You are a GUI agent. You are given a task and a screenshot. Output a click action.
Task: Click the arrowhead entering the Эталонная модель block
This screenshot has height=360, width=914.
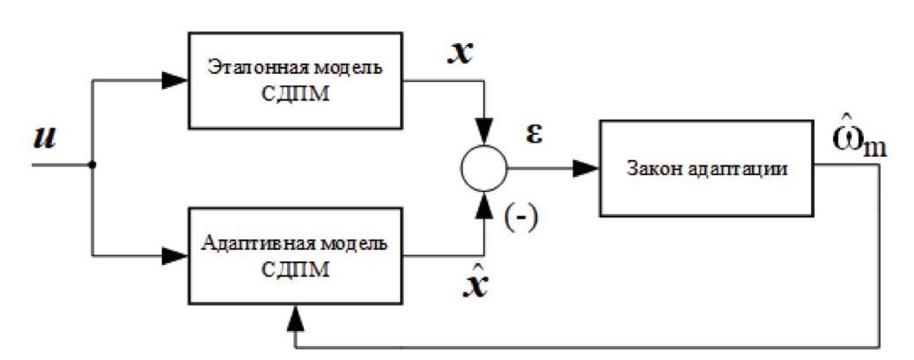click(x=175, y=79)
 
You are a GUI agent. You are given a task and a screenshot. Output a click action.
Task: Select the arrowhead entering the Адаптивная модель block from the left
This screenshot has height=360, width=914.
click(x=175, y=255)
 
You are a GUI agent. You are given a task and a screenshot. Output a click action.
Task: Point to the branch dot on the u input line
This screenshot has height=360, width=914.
click(x=92, y=165)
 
